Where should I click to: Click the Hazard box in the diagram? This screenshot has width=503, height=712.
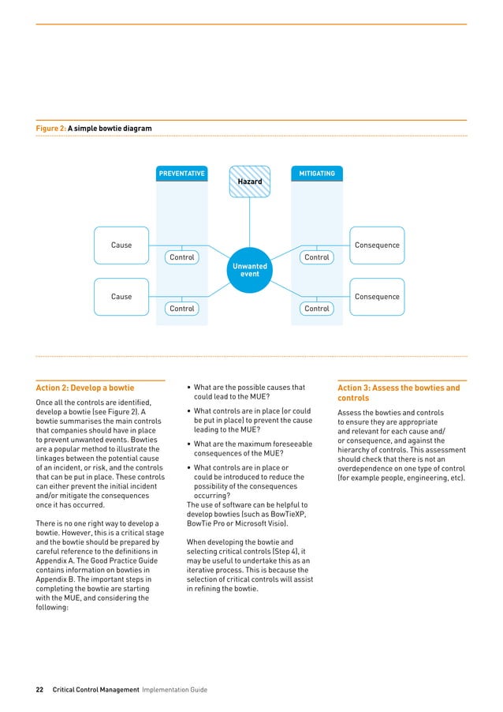(x=249, y=182)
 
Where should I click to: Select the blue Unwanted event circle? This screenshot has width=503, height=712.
(x=249, y=270)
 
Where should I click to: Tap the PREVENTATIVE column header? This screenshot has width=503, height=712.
(x=182, y=173)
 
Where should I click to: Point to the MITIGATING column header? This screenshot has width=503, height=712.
(x=316, y=173)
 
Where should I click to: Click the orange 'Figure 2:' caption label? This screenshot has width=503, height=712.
(x=50, y=128)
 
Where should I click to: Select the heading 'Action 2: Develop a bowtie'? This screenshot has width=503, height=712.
(x=85, y=388)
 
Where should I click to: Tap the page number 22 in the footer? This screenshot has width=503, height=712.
(x=39, y=689)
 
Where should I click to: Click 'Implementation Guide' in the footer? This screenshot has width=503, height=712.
(x=174, y=689)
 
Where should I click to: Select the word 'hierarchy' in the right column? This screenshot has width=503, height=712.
(x=360, y=449)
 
